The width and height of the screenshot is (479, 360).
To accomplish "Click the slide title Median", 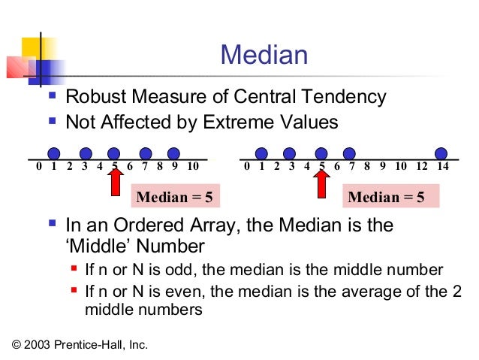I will (x=264, y=56).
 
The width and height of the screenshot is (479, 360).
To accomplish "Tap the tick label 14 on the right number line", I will (x=442, y=166).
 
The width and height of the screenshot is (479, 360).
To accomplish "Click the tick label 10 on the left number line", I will (x=192, y=166).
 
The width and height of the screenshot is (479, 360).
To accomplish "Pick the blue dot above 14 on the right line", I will (x=441, y=153).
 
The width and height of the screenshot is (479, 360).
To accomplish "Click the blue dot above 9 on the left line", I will (x=173, y=153).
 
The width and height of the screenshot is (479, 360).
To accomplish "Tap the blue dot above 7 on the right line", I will (x=351, y=153).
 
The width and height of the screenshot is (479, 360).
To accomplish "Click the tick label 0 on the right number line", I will (x=247, y=166).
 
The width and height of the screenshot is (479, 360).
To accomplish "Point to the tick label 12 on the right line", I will (x=422, y=166).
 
